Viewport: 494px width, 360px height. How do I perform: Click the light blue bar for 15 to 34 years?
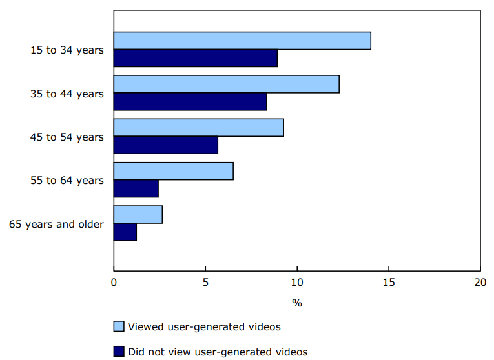(x=242, y=41)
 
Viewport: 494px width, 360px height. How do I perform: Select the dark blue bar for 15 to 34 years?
(x=196, y=58)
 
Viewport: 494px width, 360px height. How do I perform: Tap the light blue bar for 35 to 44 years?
(x=227, y=84)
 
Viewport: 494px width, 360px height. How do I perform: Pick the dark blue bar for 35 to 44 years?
(x=190, y=101)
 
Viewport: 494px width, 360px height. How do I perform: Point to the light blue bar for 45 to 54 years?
(x=199, y=128)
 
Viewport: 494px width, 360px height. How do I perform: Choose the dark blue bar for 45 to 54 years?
(x=166, y=145)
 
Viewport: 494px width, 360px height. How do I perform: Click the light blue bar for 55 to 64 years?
(x=174, y=171)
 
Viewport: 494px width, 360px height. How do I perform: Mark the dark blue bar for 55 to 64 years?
(x=136, y=188)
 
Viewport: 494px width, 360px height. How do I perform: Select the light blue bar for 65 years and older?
(x=138, y=214)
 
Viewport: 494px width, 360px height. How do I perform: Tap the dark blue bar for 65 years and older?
(x=125, y=232)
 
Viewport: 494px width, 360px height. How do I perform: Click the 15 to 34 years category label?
(x=67, y=50)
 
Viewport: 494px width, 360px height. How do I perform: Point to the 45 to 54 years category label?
(x=67, y=137)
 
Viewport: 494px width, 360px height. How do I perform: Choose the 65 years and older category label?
(x=56, y=224)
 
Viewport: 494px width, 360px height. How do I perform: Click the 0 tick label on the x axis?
(x=114, y=282)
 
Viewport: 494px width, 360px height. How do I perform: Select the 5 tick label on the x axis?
(x=205, y=282)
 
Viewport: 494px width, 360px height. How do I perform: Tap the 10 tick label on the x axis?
(x=297, y=282)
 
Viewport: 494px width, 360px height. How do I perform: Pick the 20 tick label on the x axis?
(x=480, y=282)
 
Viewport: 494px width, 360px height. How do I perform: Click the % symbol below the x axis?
(x=297, y=303)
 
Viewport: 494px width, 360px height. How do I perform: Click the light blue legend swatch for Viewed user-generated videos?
(x=118, y=326)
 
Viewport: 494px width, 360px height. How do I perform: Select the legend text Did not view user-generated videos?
(x=218, y=352)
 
